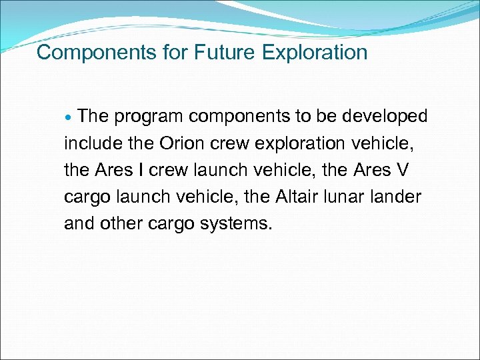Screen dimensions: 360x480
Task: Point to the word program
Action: [x=149, y=117]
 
